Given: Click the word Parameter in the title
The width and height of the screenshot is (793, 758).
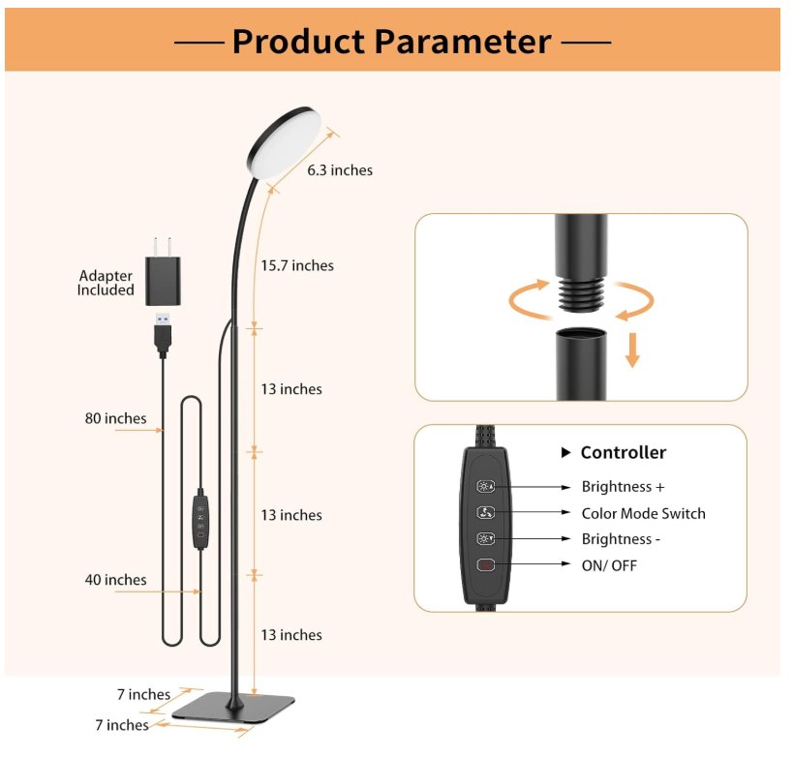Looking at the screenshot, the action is tap(463, 42).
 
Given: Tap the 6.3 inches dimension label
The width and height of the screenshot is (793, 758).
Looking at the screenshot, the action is tap(340, 170).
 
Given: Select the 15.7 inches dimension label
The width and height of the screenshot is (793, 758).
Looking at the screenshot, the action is tap(297, 265).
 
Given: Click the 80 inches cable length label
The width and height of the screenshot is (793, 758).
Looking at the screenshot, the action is tap(115, 418).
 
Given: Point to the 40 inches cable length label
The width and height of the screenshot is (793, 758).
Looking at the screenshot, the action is tap(115, 580).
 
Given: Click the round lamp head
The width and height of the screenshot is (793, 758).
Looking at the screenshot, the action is tap(285, 141).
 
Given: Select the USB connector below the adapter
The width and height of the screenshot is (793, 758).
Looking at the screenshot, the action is tap(163, 335).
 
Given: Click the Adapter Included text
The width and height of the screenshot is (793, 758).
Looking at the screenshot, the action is tap(106, 283).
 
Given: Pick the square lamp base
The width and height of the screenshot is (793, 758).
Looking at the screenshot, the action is tap(233, 707).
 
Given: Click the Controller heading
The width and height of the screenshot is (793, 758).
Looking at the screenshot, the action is tap(624, 453).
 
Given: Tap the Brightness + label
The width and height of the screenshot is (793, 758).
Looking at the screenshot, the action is tap(623, 486).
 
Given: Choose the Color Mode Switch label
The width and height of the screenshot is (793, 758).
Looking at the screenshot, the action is tap(643, 513).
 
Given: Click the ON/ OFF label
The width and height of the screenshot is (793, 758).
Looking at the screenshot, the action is tap(609, 565).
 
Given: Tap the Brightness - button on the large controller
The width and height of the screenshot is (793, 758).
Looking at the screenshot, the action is tap(485, 538).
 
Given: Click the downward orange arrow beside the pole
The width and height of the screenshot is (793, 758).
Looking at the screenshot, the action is tap(632, 349).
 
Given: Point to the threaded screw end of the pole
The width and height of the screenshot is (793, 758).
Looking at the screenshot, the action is tap(581, 292).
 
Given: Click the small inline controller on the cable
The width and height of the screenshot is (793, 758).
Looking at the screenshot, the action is tap(200, 521).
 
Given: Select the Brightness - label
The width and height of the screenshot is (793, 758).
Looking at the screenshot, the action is tap(621, 539).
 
